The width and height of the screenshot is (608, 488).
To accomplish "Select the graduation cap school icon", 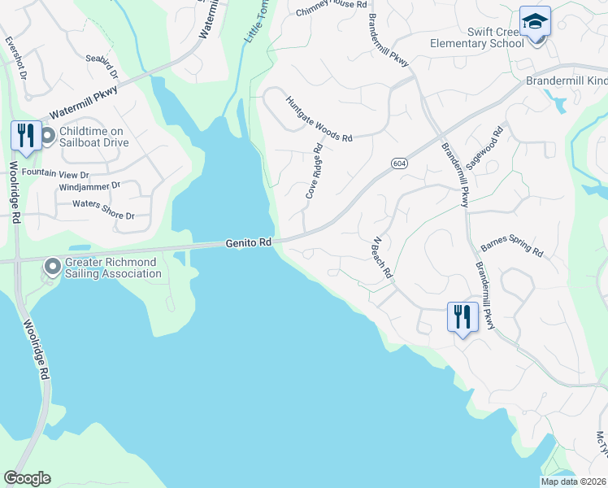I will coord(536,21).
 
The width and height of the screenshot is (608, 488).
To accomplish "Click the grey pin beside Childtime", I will coord(46,136).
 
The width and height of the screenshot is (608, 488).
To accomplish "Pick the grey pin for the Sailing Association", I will coord(53,267).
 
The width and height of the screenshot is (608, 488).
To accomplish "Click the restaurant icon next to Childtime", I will coord(25,136).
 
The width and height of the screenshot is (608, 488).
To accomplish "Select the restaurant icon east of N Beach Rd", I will coord(462,316).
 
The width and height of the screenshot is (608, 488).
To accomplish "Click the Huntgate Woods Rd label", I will coord(318,119).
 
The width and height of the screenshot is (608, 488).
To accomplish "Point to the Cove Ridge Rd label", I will coord(315,172).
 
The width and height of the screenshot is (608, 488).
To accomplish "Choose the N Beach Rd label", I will coord(382,258).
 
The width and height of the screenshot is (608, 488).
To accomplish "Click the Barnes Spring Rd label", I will coord(511,246).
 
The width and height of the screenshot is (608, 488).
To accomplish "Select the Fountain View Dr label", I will coord(55,174).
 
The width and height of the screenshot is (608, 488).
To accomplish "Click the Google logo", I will coord(27,478).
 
